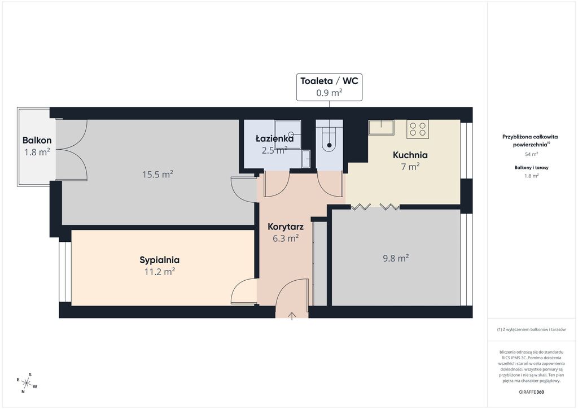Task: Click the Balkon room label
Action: [x=37, y=140]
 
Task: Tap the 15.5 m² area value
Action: [x=158, y=174]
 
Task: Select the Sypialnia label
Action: [x=160, y=260]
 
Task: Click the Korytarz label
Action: [x=286, y=227]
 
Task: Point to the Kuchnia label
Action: [x=410, y=155]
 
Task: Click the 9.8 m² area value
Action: [x=396, y=258]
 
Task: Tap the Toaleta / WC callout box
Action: [x=330, y=87]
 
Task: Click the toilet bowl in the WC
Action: [x=329, y=140]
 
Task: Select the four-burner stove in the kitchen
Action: [x=418, y=129]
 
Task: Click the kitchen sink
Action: [x=382, y=127]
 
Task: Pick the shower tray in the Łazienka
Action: [x=287, y=134]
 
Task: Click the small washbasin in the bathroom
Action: [x=306, y=159]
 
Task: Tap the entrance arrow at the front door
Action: [x=292, y=316]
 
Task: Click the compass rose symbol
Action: [x=27, y=383]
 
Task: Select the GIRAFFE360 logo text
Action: [x=531, y=392]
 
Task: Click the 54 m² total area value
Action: [x=531, y=154]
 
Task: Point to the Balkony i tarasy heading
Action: [x=531, y=167]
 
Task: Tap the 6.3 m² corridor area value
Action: [x=286, y=238]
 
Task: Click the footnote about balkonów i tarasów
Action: [x=531, y=329]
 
